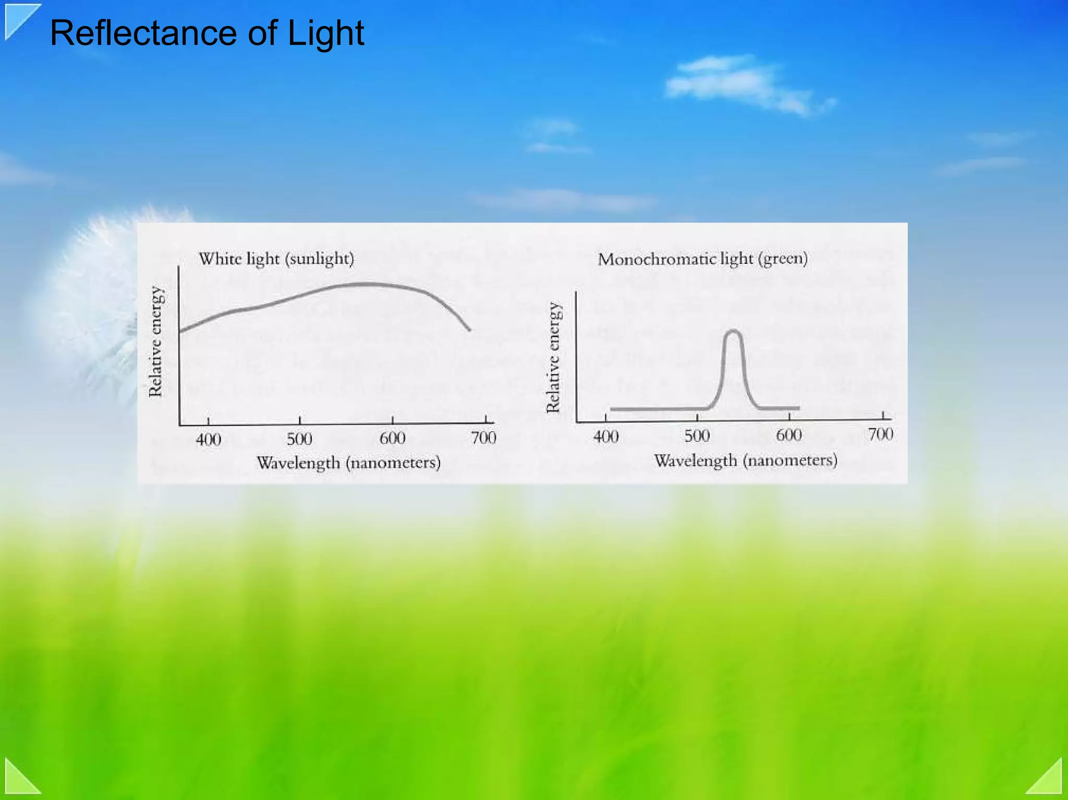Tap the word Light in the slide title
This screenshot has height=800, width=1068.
325,33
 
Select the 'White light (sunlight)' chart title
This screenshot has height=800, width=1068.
276,259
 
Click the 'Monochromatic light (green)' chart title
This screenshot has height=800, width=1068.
702,259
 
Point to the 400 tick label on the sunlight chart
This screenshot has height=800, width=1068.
209,439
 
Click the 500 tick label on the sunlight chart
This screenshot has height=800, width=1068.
300,439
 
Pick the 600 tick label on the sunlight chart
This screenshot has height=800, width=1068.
392,438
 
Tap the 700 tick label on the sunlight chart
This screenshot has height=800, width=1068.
483,437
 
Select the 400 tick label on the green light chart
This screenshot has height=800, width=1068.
606,436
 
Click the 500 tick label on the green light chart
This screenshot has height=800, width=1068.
697,435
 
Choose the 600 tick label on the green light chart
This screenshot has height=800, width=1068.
789,434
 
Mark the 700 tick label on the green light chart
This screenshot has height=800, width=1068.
881,433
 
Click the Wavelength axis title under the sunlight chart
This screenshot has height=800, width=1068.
348,463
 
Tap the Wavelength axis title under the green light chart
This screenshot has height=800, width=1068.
746,460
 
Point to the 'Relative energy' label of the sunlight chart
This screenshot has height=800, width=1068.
156,342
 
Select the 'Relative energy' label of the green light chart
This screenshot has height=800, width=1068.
553,358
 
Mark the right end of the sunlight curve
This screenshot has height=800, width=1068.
469,330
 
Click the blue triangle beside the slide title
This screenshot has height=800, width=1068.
18,19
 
